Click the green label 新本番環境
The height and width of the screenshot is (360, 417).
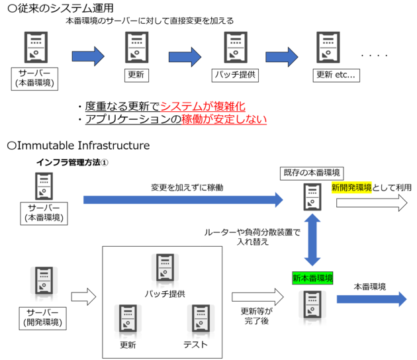coord(312,278)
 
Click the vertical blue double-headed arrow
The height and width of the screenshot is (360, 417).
coord(312,240)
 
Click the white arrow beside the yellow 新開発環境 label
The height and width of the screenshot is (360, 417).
coord(371,203)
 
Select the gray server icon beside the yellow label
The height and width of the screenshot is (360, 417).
coord(312,197)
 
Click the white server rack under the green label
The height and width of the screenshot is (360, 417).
coord(312,308)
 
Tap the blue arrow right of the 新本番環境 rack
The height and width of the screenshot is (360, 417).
coord(372,299)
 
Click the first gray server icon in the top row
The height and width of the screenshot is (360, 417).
coord(36,48)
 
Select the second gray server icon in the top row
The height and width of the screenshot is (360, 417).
coord(137,48)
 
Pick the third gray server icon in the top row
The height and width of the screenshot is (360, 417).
coord(235,48)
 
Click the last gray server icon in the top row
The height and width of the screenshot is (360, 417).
coord(328,48)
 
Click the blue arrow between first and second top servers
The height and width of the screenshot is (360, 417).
coord(88,57)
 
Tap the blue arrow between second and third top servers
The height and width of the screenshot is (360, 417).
coord(185,57)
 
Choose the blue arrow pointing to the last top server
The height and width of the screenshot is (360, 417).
coord(281,57)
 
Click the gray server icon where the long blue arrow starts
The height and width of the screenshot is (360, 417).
coord(44,187)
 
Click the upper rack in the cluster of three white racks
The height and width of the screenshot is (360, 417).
coord(165,271)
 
